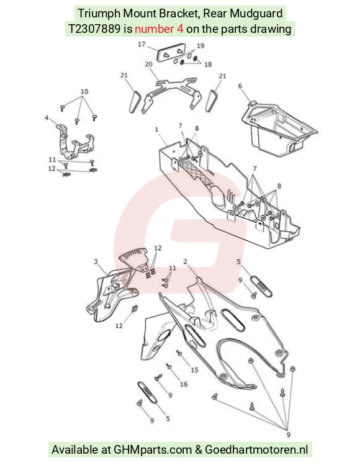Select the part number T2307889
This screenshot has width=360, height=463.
[94, 29]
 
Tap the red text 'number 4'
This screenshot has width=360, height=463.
[159, 29]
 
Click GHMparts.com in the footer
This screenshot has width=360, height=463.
[153, 450]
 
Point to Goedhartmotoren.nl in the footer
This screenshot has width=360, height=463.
[256, 450]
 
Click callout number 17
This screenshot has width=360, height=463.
[142, 44]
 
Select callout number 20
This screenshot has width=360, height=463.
[148, 64]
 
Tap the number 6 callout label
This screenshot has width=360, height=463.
[240, 86]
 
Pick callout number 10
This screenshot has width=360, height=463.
[84, 91]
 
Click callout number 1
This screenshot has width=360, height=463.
[156, 129]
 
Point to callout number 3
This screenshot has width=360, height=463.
[96, 262]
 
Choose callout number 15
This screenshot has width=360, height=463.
[194, 370]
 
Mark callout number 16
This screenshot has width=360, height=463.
[184, 384]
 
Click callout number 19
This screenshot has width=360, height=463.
[200, 46]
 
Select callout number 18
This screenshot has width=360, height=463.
[208, 64]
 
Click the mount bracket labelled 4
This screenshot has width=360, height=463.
[74, 142]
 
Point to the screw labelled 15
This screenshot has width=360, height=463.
[178, 353]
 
